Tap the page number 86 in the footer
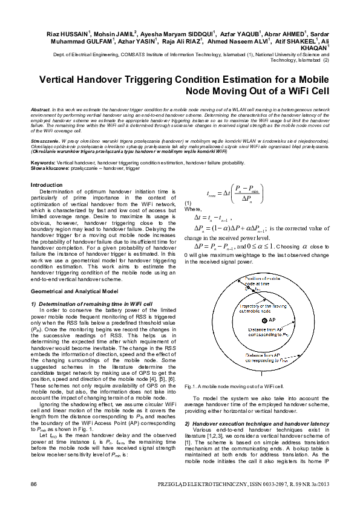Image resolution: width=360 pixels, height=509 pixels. [x=34, y=485]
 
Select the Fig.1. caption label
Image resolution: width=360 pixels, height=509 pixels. [x=192, y=385]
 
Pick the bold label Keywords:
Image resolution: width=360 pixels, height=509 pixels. [x=43, y=163]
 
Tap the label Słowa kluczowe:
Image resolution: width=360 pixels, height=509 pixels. [x=49, y=168]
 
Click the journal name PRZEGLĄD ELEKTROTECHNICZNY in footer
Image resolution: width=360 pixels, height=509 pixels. [x=193, y=485]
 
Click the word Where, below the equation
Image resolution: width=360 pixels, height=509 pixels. [x=194, y=209]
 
